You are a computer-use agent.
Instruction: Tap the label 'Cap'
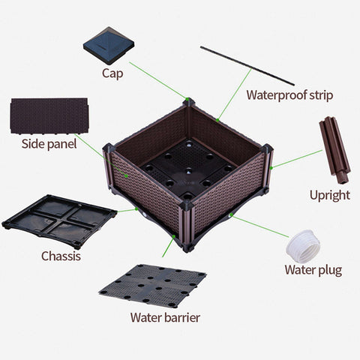(x=113, y=73)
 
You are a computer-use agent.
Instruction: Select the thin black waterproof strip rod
(x=247, y=66)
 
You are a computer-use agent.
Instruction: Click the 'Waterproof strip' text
(x=289, y=95)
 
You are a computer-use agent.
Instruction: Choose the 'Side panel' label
(x=49, y=144)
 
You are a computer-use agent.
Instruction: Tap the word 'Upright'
(x=329, y=195)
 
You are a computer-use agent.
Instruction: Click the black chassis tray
(x=60, y=220)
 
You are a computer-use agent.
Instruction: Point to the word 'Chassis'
(x=61, y=256)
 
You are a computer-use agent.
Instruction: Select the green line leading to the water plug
(x=259, y=226)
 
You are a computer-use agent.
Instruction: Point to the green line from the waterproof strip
(x=234, y=94)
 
